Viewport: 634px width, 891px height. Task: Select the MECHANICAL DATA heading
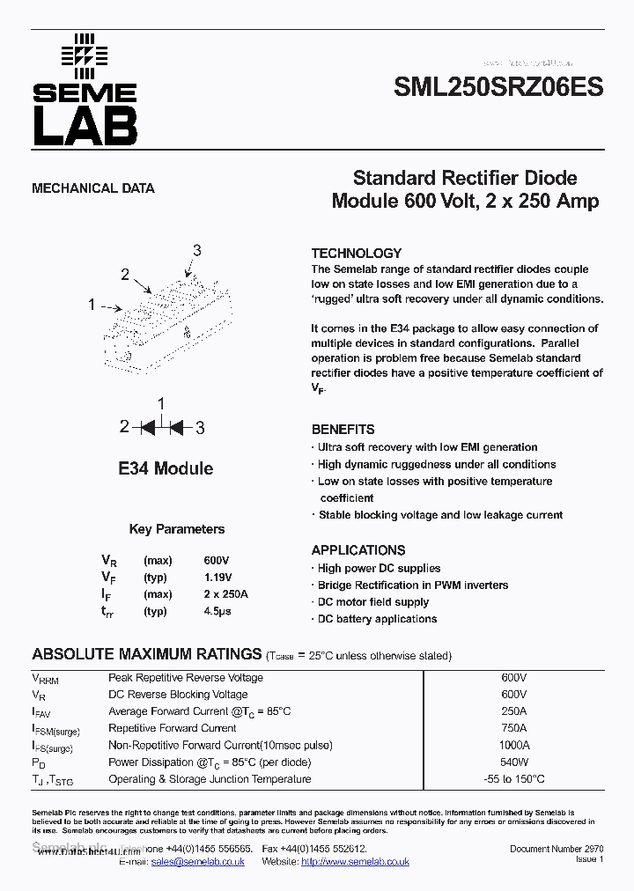(93, 188)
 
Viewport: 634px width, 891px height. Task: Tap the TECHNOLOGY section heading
(356, 253)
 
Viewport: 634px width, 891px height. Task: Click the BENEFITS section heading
(343, 430)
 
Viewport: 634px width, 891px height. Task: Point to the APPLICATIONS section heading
(358, 550)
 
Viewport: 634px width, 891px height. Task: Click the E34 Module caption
(166, 468)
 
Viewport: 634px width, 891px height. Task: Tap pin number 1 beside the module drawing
(91, 305)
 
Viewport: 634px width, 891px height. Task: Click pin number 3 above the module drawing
(196, 251)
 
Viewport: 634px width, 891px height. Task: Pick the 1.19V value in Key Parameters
(218, 578)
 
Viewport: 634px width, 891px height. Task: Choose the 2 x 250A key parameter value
(225, 594)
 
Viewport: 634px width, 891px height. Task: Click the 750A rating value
(513, 728)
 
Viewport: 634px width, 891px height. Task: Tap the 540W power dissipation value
(513, 762)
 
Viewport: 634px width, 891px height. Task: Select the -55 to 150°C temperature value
(513, 779)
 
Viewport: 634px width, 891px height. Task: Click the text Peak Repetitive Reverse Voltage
(185, 678)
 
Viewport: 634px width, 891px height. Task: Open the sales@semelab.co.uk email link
(197, 862)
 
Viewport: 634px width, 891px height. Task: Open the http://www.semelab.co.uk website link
(355, 862)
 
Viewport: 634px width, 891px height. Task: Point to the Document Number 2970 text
(557, 849)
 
